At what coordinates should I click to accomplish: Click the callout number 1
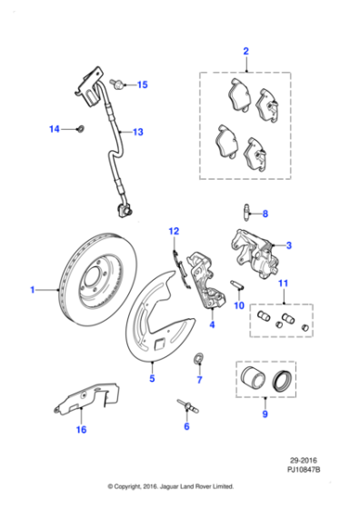coord(32,290)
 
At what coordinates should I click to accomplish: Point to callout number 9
coord(265,415)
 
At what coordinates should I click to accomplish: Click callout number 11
coord(283,284)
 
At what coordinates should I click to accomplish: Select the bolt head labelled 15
coord(120,85)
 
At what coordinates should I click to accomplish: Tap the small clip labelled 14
coord(79,130)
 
